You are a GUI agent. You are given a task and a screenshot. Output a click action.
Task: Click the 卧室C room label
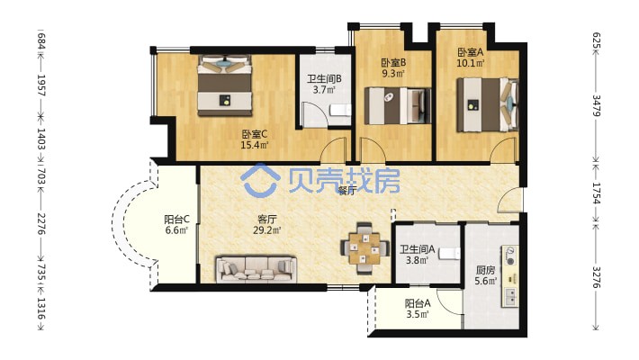(x=255, y=134)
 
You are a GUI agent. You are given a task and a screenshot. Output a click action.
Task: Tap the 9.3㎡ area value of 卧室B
(x=393, y=74)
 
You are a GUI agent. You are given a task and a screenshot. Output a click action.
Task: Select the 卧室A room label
(x=471, y=52)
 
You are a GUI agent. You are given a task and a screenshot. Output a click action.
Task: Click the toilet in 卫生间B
(x=340, y=110)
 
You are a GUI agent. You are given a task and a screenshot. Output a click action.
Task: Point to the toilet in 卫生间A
(x=449, y=254)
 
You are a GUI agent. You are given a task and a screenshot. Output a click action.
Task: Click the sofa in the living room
(x=256, y=269)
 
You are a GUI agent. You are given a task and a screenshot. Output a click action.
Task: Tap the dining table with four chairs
(x=364, y=247)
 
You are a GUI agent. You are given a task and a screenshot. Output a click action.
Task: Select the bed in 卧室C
(x=224, y=85)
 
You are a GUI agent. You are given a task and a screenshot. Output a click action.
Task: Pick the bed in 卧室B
(x=398, y=106)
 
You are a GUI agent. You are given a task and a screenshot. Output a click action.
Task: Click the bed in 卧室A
(x=488, y=104)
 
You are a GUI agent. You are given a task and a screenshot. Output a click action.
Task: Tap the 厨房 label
(x=485, y=270)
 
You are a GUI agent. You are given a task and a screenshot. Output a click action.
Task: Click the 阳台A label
(x=418, y=303)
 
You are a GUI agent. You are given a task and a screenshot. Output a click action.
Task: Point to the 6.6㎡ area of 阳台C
(x=176, y=230)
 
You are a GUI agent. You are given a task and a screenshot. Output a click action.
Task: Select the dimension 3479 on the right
(x=596, y=105)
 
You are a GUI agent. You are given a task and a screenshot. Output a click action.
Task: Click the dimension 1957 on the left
(x=41, y=85)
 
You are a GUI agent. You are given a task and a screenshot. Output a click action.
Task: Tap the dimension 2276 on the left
(x=41, y=223)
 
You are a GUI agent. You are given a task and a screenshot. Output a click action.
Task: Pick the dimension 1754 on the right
(x=596, y=193)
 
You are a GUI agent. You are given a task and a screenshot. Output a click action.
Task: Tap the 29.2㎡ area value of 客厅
(x=266, y=230)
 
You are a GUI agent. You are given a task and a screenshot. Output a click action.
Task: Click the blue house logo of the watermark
(x=260, y=181)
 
